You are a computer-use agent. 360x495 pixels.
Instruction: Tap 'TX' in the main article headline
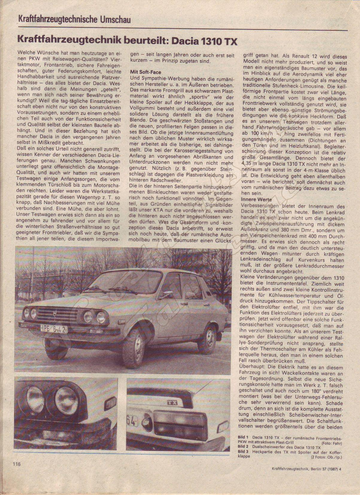229,41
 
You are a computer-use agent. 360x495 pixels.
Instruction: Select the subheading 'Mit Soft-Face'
145,72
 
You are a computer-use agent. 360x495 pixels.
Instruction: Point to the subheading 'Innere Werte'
256,200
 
